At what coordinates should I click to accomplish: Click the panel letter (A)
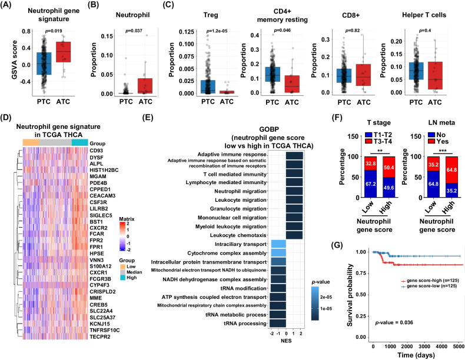pos(11,7)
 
